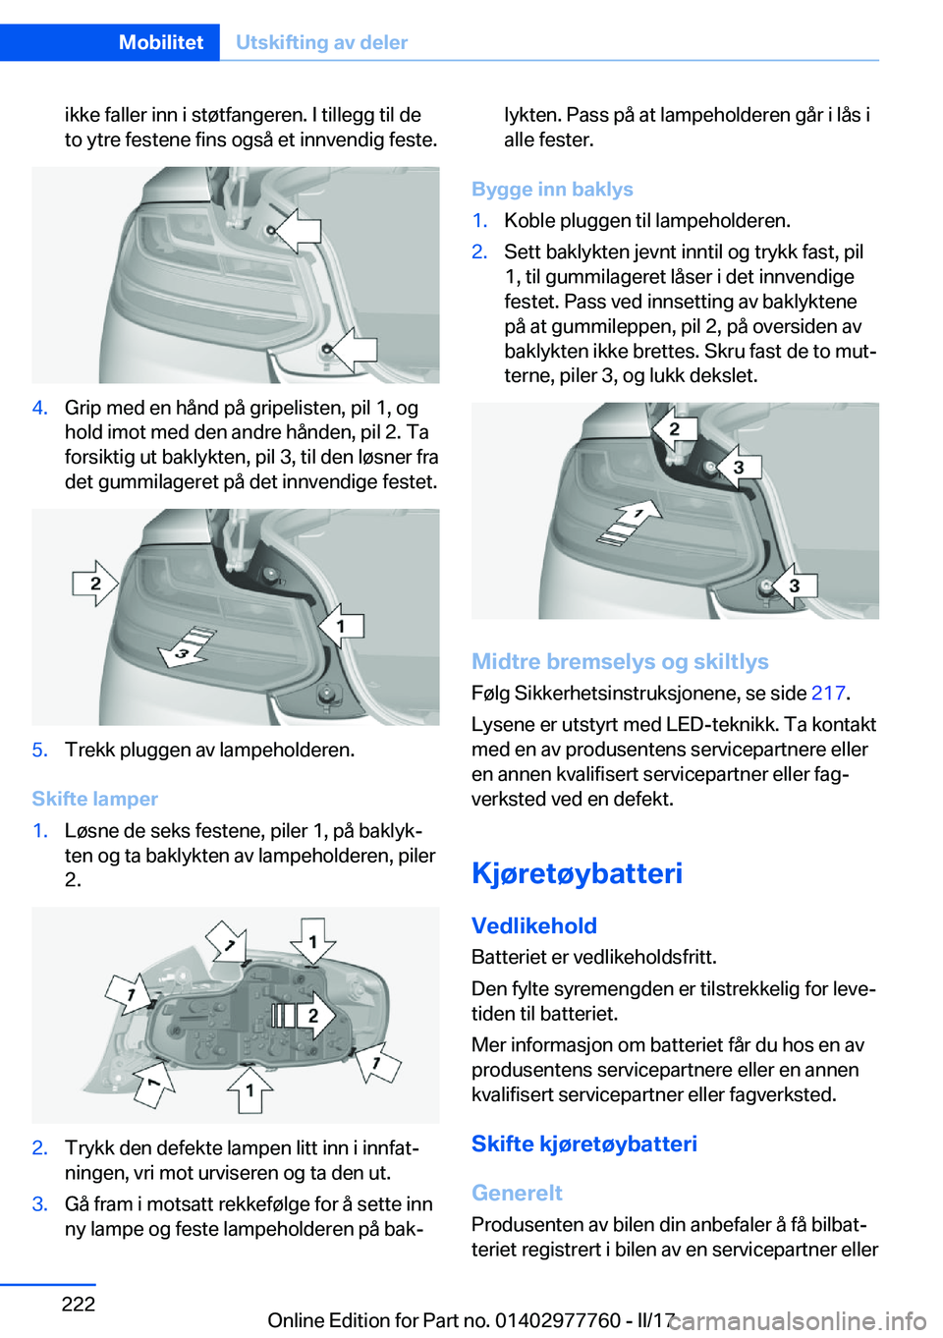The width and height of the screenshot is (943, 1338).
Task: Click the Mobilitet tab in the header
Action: tap(160, 42)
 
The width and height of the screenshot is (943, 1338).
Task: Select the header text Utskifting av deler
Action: tap(321, 42)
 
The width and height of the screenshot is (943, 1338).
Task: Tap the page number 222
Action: tap(79, 1304)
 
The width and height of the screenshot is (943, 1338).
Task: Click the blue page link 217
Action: tap(828, 694)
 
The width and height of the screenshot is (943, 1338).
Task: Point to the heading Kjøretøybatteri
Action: tap(577, 872)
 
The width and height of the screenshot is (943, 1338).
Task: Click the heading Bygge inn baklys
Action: tap(552, 189)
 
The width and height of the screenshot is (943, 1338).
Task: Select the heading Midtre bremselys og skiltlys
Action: tap(620, 661)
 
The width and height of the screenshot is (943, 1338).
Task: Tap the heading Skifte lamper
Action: tap(94, 799)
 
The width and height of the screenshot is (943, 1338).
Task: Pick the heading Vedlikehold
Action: tap(534, 925)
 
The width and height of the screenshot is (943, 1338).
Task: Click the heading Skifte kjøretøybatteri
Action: tap(584, 1143)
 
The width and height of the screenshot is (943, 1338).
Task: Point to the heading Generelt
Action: tap(517, 1193)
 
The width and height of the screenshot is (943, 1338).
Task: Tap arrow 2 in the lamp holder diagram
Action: tap(306, 1015)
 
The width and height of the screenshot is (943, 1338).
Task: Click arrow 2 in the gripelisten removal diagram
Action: tap(95, 584)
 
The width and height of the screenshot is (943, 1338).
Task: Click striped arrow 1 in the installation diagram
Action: tap(629, 519)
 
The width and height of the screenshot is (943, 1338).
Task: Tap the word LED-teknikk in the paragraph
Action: tap(723, 725)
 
